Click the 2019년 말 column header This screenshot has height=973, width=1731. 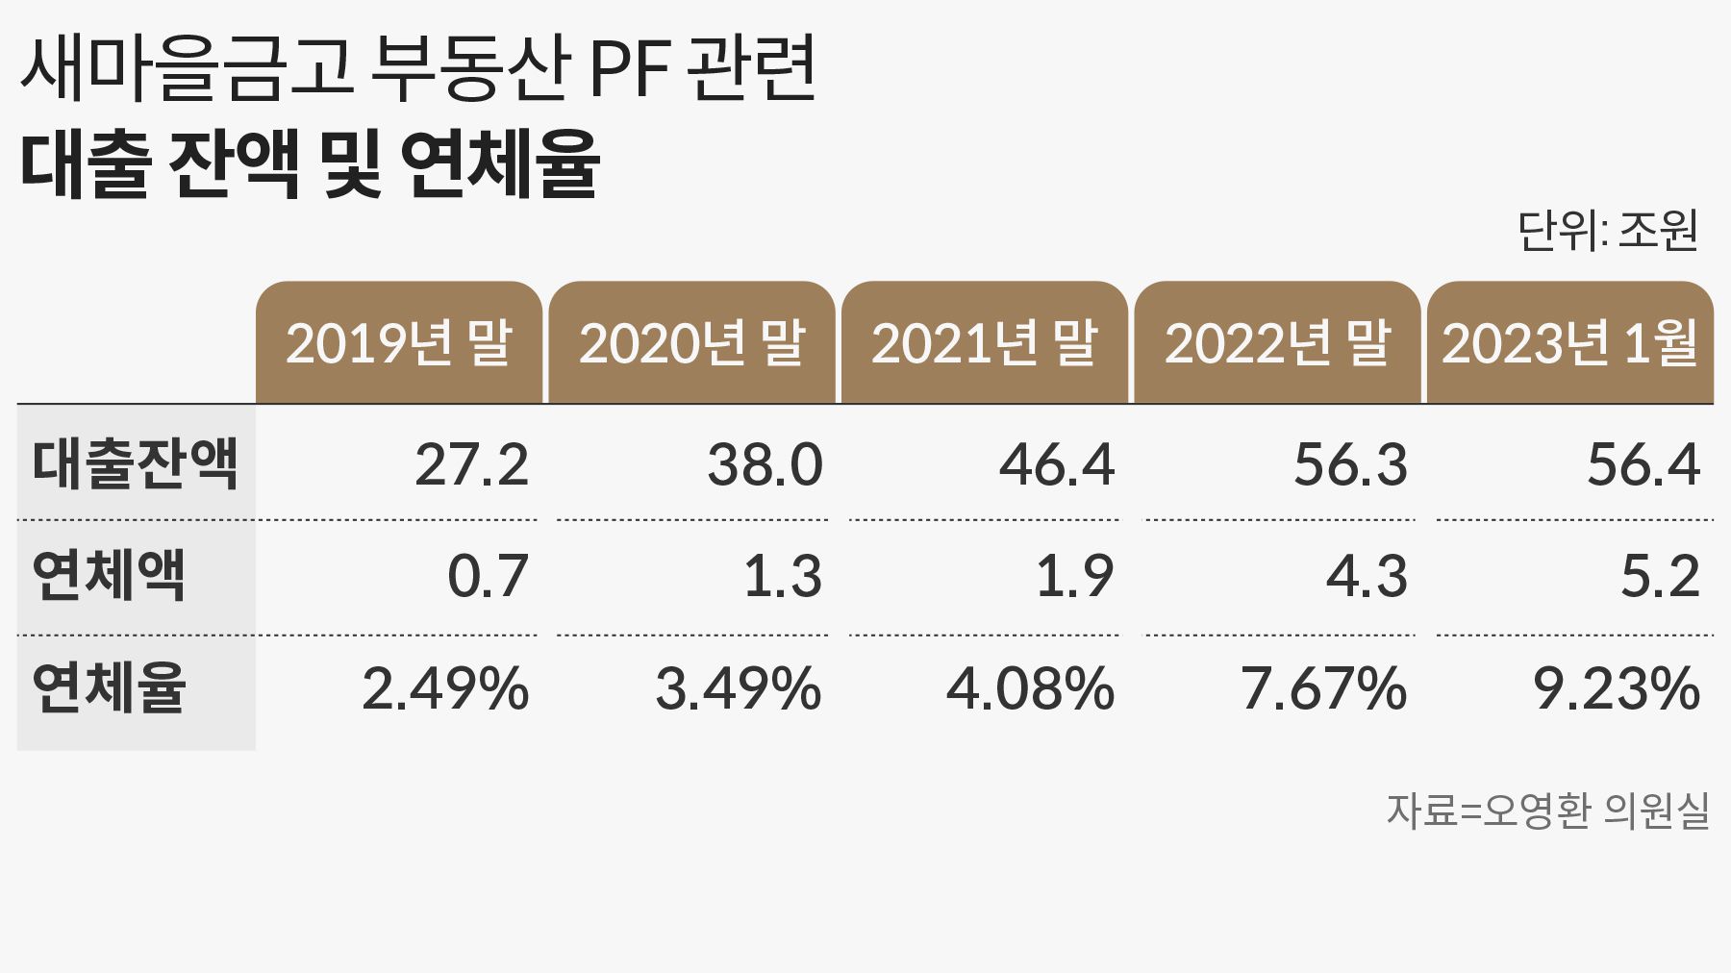point(399,343)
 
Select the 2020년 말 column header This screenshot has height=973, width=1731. point(691,343)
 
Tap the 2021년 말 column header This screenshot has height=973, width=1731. point(984,343)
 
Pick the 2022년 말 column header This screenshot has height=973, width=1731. point(1277,343)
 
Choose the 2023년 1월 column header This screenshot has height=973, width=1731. point(1569,343)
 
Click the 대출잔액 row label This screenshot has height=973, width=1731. point(135,463)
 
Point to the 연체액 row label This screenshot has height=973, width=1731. point(109,576)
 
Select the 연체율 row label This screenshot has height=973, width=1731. point(109,688)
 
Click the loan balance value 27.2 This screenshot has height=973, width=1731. point(471,464)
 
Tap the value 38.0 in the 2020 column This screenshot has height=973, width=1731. point(765,464)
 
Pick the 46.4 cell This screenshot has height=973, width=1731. point(1057,464)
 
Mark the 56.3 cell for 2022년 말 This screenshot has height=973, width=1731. point(1350,464)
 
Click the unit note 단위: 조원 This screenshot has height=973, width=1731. point(1608,231)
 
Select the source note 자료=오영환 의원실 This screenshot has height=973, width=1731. point(1547,811)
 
